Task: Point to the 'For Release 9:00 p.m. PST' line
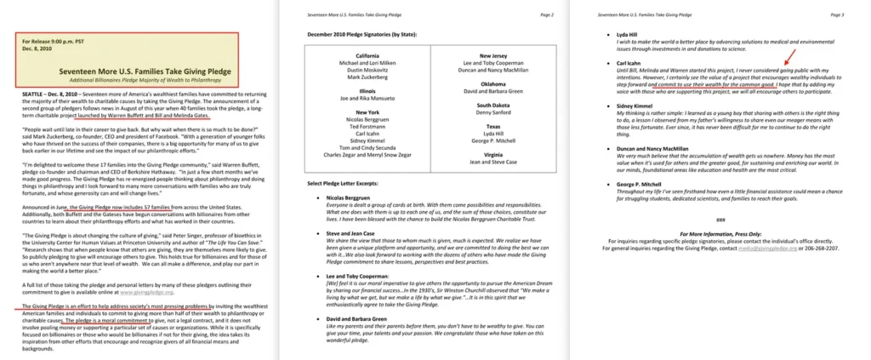pos(52,41)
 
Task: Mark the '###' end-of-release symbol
pos(720,220)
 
